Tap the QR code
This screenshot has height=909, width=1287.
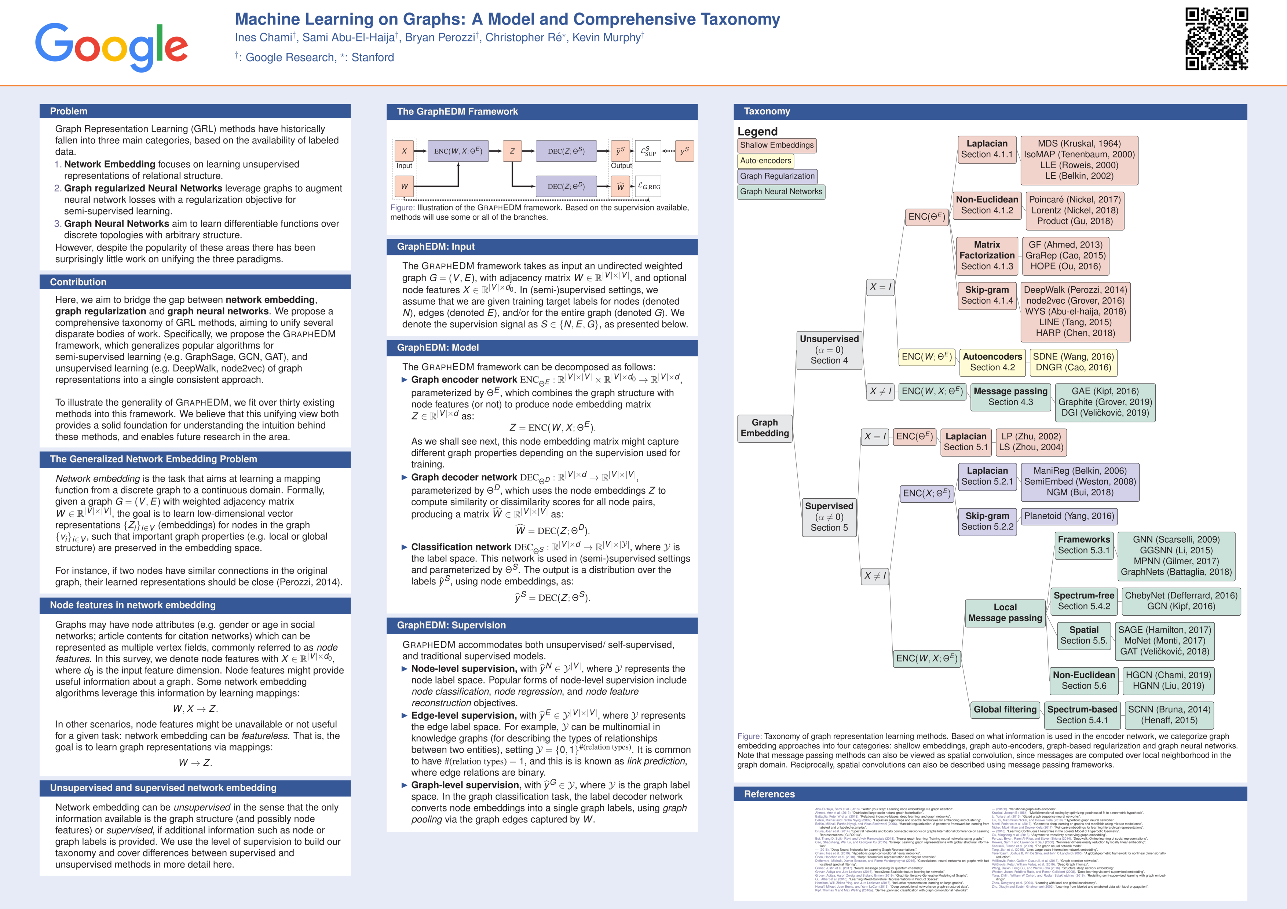pos(1216,39)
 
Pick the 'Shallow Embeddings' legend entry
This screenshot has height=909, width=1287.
pos(776,145)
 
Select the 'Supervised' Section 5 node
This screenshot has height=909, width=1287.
pos(829,517)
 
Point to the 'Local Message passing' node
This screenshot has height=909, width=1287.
pos(1005,612)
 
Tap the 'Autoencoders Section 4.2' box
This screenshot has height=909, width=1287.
pos(992,362)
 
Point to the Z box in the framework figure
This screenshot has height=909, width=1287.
pos(512,151)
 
